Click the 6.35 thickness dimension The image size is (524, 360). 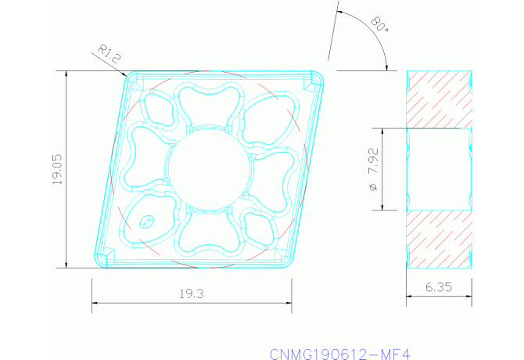coord(439,287)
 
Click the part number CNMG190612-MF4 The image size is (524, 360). coord(339,354)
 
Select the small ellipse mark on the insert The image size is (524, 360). coord(146,223)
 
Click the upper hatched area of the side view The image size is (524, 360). coord(439,99)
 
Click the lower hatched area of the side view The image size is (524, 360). coord(439,239)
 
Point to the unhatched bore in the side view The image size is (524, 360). coord(439,169)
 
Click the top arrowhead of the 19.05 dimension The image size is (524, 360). coord(66,75)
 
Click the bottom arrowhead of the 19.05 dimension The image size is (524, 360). coord(66,264)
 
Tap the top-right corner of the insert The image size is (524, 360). coord(321,74)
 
